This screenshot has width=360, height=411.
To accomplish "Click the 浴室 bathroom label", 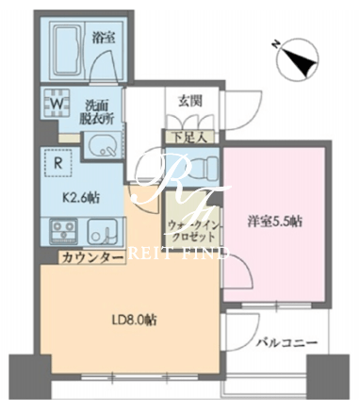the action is click(x=104, y=38).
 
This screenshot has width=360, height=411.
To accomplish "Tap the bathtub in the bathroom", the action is click(x=67, y=51).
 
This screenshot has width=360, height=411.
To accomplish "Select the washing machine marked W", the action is click(x=57, y=103).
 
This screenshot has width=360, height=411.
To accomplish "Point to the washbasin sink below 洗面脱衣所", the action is click(x=102, y=146).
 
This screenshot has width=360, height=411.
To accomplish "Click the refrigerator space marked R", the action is click(x=57, y=163).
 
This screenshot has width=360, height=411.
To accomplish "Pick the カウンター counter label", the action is click(x=92, y=257).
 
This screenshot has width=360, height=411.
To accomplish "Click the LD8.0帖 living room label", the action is click(x=135, y=321).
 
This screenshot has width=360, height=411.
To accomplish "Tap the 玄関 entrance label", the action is click(x=190, y=102).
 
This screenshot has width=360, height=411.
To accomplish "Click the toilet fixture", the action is click(x=200, y=169).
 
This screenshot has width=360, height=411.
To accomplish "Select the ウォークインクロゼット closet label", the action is click(x=191, y=230).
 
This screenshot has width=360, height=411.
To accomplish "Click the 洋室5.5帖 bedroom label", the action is click(x=274, y=222).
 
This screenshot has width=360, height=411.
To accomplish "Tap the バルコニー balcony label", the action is click(x=286, y=342).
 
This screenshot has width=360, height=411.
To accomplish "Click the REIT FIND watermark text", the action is click(x=179, y=253).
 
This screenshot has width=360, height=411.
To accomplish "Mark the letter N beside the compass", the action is click(x=275, y=44).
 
